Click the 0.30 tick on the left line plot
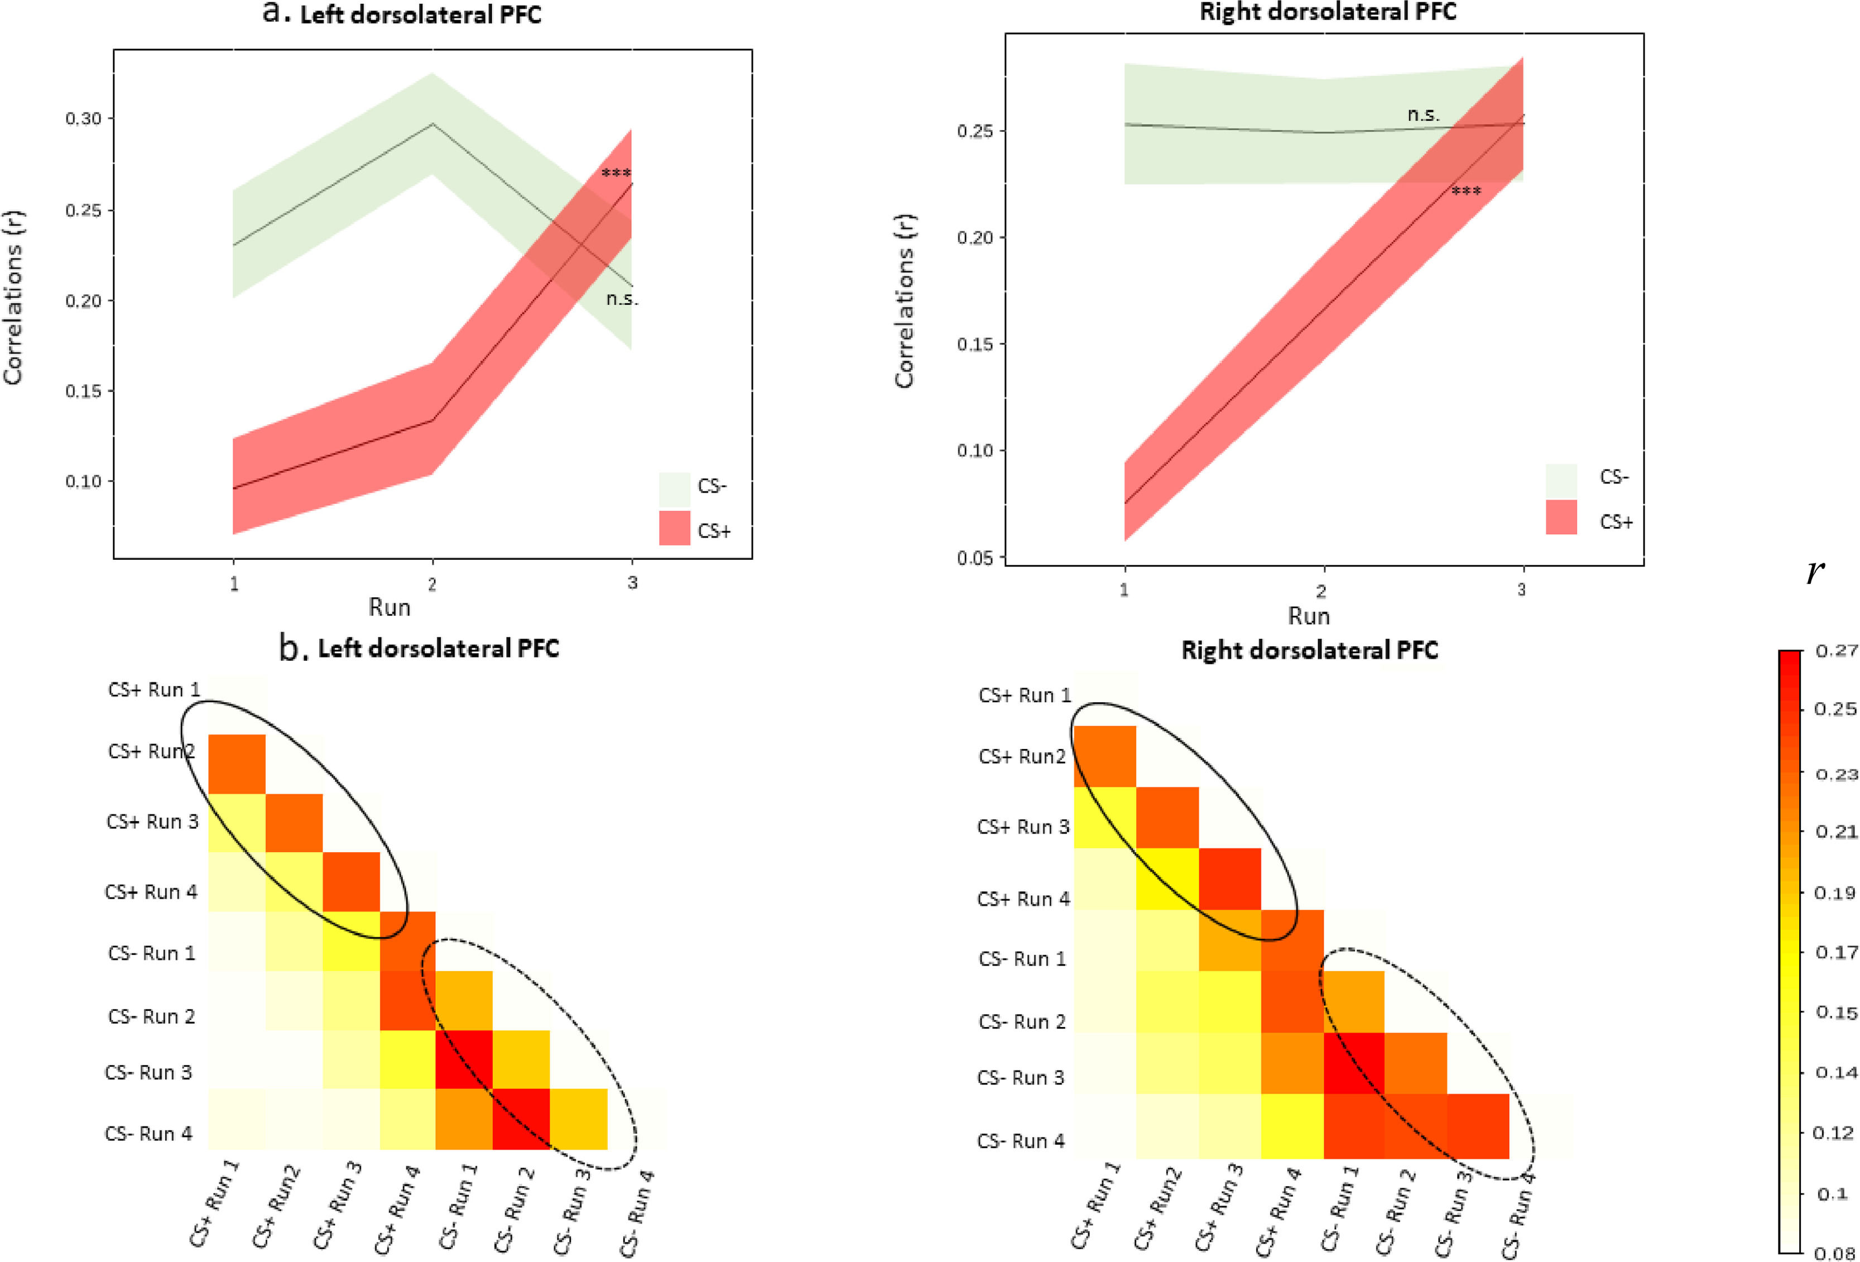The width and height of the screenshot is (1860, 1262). (83, 118)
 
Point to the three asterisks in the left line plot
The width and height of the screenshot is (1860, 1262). (616, 173)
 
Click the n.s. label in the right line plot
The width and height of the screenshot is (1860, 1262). (1423, 115)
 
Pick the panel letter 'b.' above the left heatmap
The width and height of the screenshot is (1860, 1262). (293, 647)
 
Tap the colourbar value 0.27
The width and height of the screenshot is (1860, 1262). (1836, 651)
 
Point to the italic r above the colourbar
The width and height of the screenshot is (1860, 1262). (1814, 572)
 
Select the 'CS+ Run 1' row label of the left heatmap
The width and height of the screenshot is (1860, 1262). (153, 690)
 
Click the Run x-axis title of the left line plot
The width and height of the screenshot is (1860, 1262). (389, 607)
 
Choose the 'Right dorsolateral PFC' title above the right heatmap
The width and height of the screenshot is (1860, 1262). (1309, 650)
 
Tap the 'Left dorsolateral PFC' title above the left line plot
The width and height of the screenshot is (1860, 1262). (420, 15)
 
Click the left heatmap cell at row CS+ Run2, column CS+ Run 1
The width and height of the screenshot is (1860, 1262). (237, 764)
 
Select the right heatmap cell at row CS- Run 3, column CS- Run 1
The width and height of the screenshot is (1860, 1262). (1354, 1063)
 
